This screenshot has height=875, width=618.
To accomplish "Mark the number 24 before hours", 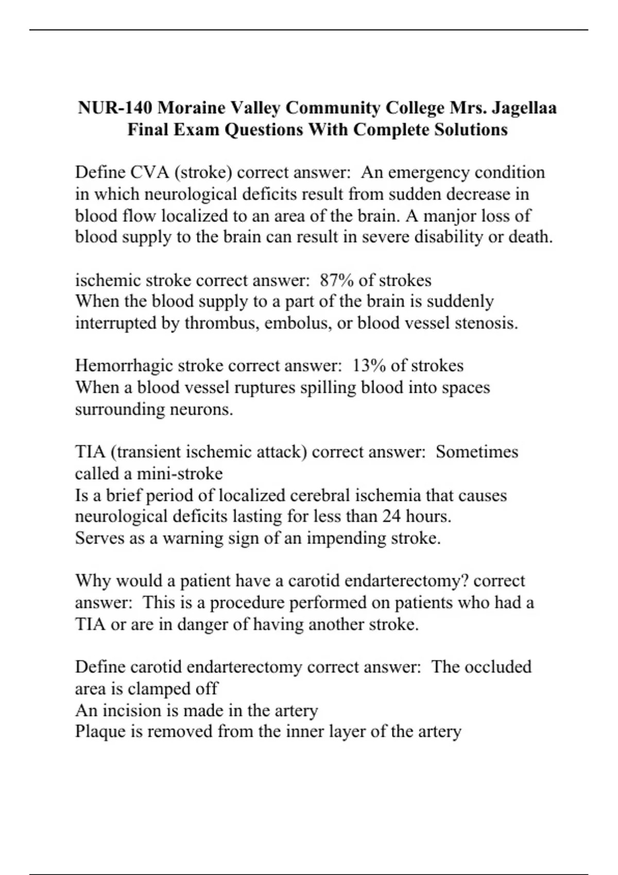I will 392,516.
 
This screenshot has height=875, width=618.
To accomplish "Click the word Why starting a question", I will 93,581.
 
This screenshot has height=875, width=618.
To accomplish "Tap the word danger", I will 201,624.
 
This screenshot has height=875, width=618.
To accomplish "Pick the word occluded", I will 497,667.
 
